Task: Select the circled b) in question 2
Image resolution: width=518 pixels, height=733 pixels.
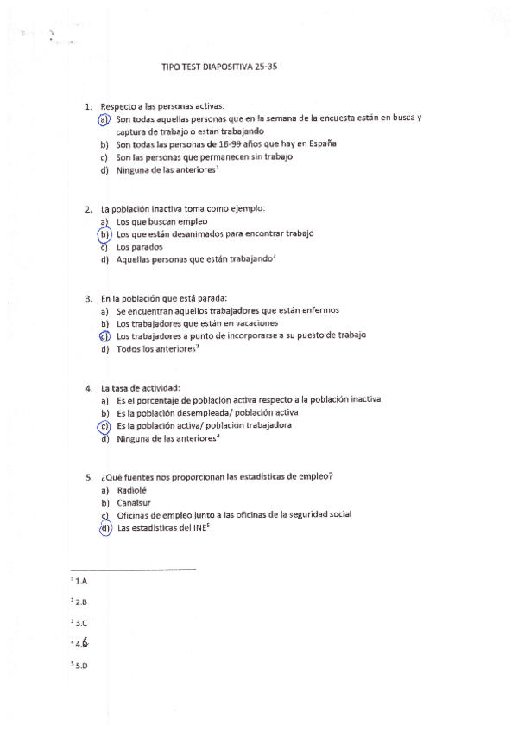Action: (104, 234)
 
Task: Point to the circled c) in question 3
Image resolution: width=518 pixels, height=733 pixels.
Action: (104, 336)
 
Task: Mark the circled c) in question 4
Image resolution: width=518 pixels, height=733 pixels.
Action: (104, 426)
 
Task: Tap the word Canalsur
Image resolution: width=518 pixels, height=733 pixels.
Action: (134, 502)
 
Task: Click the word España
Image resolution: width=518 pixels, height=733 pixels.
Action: (320, 144)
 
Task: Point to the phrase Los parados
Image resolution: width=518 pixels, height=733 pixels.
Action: (139, 246)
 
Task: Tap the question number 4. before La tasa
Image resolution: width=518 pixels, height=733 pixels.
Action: (89, 387)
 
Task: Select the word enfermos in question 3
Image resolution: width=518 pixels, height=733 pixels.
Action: (319, 310)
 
